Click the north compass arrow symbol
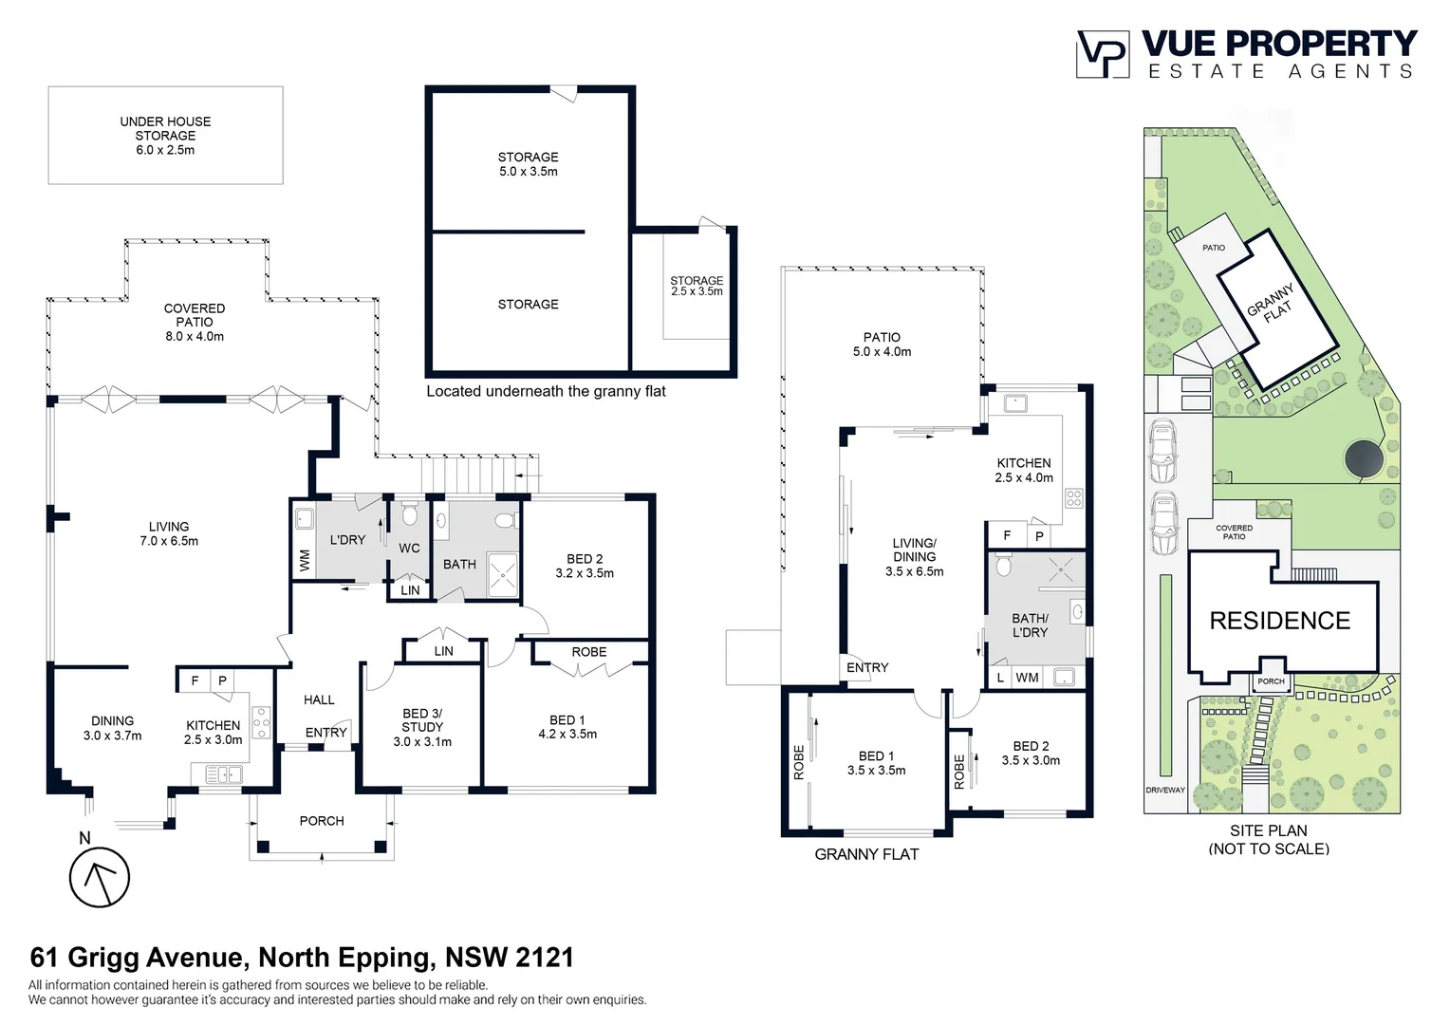[100, 877]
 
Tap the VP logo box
[1103, 54]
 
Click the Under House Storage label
[165, 136]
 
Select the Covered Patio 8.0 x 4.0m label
[195, 322]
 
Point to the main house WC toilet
[409, 514]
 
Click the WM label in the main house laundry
[305, 561]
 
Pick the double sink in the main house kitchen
[223, 773]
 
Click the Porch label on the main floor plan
[322, 821]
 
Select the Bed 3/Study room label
[422, 727]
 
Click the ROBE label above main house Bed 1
[589, 652]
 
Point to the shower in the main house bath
[502, 574]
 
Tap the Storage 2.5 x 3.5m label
[697, 286]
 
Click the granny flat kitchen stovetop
[1074, 498]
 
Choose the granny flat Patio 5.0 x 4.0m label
[882, 345]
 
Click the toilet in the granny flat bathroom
[1003, 564]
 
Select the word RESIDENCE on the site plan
[1280, 621]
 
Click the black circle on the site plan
[1364, 459]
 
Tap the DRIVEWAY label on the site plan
[1165, 790]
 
